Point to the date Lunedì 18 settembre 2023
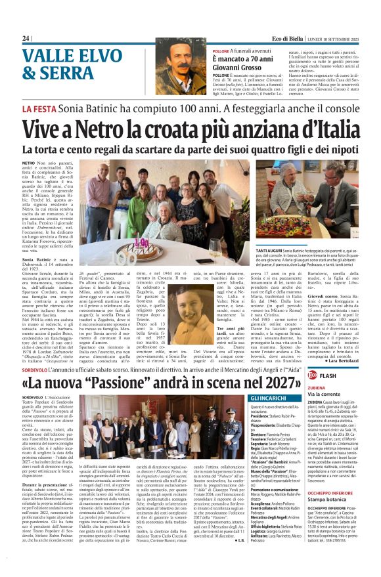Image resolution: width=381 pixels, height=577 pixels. tap(334, 39)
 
